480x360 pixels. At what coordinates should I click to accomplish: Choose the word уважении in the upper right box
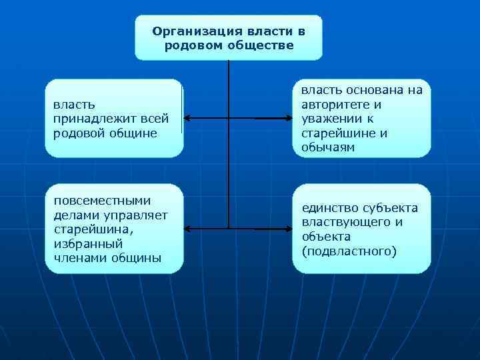331,119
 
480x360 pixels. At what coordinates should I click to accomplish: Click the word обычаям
327,148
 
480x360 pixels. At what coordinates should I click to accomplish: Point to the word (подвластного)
349,251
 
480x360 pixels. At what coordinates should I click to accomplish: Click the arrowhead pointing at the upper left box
187,119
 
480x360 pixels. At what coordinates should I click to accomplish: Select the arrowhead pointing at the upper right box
288,119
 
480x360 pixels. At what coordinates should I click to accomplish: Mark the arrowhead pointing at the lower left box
187,229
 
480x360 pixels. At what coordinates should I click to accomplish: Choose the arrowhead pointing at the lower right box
288,229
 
